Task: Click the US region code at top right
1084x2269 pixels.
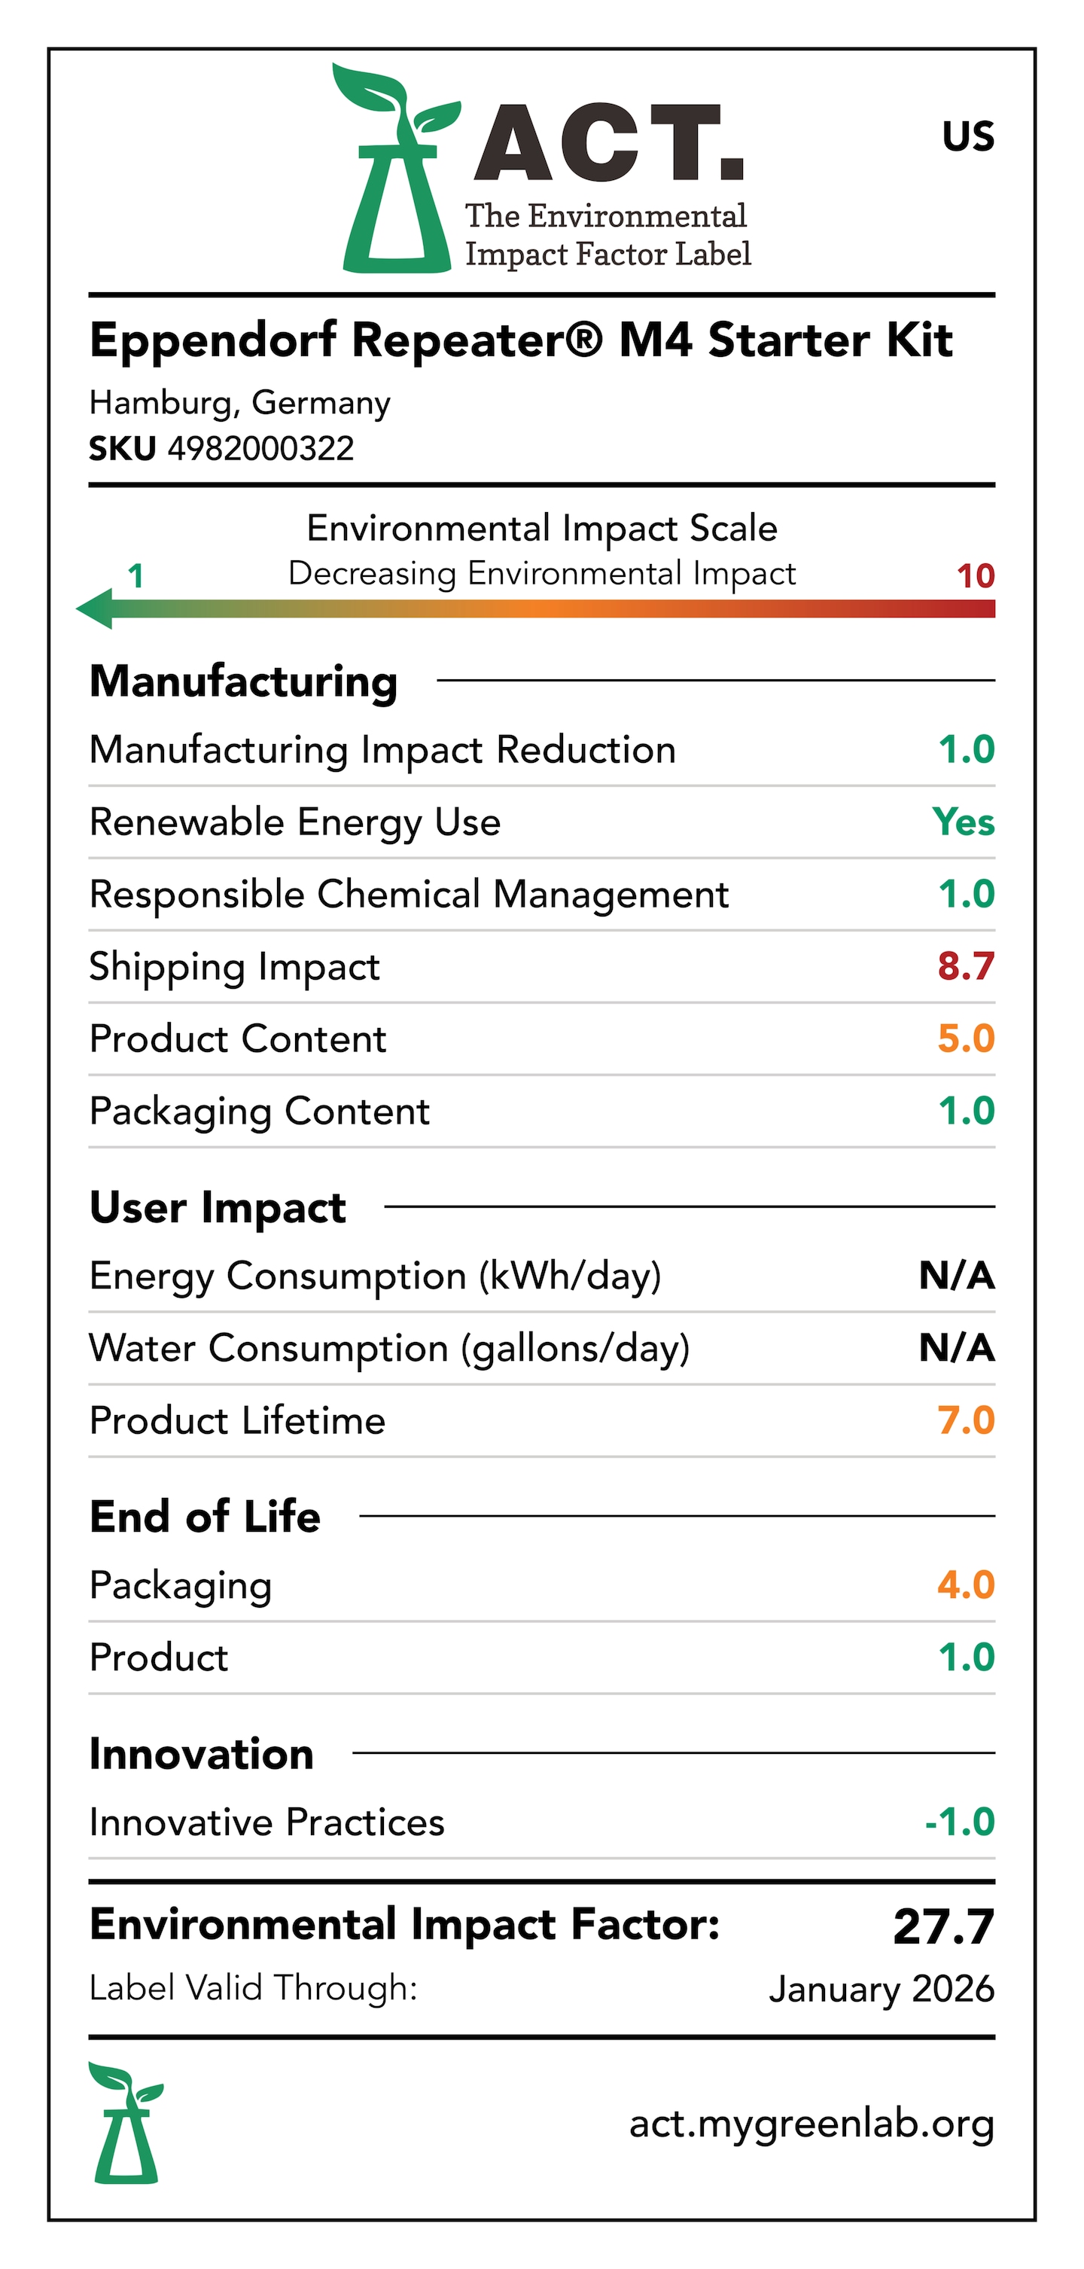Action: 968,136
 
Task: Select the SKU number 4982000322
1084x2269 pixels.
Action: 260,448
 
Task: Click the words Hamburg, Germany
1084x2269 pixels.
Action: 239,403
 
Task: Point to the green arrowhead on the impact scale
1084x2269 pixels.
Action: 95,608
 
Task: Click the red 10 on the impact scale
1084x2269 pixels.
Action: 975,576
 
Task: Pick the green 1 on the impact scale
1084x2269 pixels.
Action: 135,576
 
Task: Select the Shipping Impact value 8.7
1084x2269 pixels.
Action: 965,966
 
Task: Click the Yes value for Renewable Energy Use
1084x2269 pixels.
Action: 964,822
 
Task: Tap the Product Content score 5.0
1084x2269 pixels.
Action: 965,1038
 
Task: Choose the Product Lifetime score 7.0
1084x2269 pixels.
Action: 965,1420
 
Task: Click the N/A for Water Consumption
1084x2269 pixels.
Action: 956,1348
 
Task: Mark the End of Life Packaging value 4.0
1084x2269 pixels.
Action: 965,1584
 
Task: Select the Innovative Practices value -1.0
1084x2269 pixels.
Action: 959,1822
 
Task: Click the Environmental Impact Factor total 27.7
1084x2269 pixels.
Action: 943,1926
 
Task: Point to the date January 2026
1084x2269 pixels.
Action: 882,1989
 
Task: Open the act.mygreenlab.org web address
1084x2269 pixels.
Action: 811,2124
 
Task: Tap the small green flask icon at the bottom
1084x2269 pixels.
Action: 126,2123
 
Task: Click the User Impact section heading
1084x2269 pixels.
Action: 218,1206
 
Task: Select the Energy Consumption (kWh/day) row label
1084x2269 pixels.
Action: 375,1276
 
